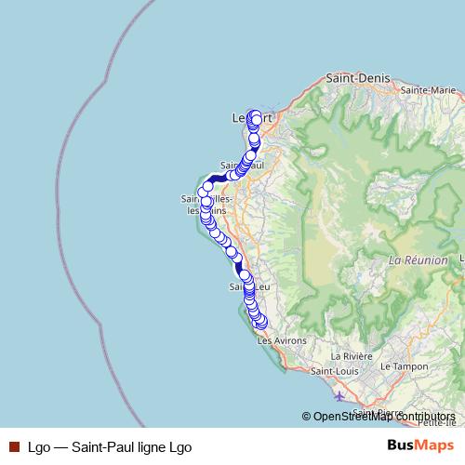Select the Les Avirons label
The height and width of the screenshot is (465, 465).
pyautogui.click(x=281, y=341)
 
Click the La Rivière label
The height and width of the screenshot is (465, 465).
pyautogui.click(x=353, y=356)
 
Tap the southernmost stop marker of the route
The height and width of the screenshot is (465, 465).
pyautogui.click(x=261, y=323)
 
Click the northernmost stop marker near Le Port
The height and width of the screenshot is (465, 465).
pyautogui.click(x=254, y=115)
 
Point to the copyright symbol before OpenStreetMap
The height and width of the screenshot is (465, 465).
pyautogui.click(x=307, y=418)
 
